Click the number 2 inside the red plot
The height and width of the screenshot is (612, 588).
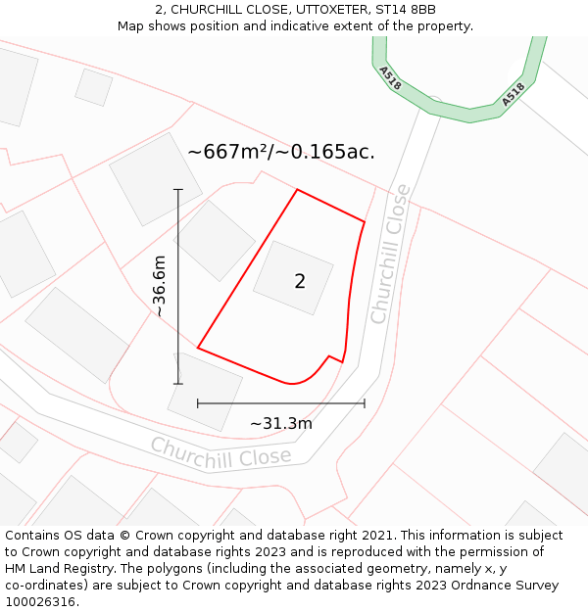300,282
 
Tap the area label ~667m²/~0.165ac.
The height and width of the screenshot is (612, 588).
281,152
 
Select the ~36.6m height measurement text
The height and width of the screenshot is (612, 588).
159,285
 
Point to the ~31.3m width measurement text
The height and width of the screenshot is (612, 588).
281,424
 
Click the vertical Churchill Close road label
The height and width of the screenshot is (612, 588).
389,255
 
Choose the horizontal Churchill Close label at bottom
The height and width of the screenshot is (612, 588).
220,451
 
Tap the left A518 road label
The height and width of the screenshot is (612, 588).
390,78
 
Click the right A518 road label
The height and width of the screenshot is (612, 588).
514,94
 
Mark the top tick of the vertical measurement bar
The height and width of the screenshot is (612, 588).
177,189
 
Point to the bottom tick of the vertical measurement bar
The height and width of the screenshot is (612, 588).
177,383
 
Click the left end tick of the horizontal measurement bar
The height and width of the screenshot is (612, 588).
198,402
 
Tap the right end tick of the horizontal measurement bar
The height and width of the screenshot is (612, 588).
365,402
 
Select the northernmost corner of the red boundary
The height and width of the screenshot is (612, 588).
297,190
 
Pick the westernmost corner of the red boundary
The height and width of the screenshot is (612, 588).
198,348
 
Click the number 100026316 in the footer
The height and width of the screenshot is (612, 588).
40,602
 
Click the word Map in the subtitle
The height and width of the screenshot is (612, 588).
132,26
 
